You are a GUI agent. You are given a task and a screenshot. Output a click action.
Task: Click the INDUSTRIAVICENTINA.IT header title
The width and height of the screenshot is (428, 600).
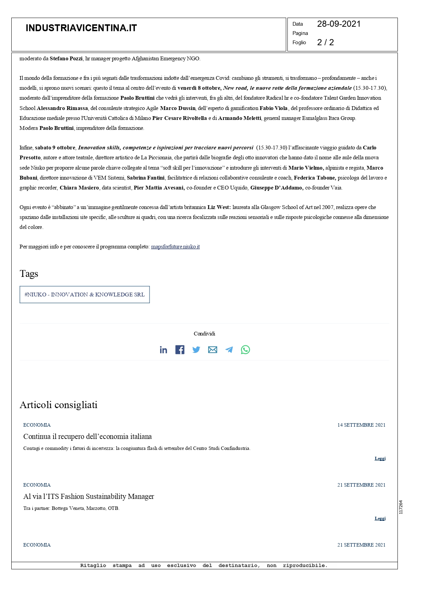pyautogui.click(x=81, y=28)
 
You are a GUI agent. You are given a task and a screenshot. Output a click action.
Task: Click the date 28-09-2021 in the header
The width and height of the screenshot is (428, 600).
pyautogui.click(x=338, y=24)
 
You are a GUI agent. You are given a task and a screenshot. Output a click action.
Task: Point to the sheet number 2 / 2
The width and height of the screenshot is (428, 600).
pyautogui.click(x=325, y=42)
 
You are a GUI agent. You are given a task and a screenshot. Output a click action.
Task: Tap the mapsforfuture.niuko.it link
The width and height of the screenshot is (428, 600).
pyautogui.click(x=175, y=247)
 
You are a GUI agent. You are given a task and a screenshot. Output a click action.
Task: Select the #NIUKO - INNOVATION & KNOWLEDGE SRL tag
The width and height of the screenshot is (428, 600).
pyautogui.click(x=85, y=295)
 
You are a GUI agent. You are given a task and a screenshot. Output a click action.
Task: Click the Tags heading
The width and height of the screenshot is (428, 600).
pyautogui.click(x=29, y=274)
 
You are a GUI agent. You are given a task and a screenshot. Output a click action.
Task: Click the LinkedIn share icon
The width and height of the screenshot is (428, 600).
pyautogui.click(x=163, y=350)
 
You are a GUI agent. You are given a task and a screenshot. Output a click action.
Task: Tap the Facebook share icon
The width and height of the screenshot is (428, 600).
pyautogui.click(x=180, y=350)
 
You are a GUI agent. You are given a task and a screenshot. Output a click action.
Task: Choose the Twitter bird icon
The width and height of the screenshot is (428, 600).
pyautogui.click(x=196, y=350)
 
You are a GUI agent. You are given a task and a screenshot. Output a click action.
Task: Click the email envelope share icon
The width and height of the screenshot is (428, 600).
pyautogui.click(x=213, y=350)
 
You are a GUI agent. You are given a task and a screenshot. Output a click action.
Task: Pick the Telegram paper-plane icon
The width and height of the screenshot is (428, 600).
pyautogui.click(x=229, y=350)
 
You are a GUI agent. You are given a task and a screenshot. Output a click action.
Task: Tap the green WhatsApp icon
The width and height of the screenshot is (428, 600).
pyautogui.click(x=245, y=350)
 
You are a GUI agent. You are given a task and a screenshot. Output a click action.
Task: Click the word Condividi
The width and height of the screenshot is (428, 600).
pyautogui.click(x=204, y=334)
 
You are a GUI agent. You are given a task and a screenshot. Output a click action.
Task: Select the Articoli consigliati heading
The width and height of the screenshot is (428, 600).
pyautogui.click(x=59, y=405)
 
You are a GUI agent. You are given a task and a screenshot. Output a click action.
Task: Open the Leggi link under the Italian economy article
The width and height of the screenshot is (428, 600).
pyautogui.click(x=380, y=458)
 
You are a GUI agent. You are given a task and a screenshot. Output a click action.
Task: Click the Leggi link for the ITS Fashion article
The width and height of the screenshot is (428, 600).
pyautogui.click(x=380, y=518)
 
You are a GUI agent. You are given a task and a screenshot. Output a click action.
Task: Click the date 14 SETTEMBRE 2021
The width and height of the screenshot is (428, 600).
pyautogui.click(x=361, y=425)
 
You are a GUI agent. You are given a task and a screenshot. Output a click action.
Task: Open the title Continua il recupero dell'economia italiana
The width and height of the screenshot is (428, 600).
pyautogui.click(x=87, y=437)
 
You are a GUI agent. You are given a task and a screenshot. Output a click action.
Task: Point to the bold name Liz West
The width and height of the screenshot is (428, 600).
pyautogui.click(x=219, y=207)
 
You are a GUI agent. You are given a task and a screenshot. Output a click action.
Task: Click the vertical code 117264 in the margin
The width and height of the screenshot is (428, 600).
pyautogui.click(x=401, y=507)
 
